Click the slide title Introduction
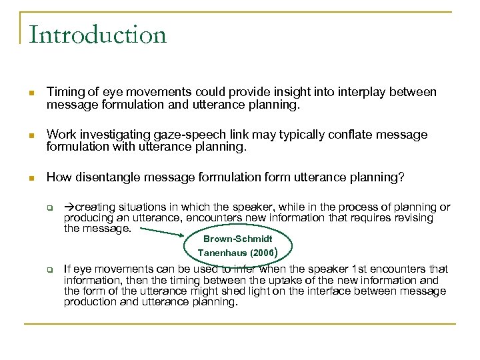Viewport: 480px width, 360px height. coord(98,34)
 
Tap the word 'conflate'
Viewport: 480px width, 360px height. coord(347,135)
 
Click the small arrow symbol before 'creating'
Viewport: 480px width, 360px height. coord(69,207)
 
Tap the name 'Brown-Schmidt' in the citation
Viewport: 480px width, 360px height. coord(238,239)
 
